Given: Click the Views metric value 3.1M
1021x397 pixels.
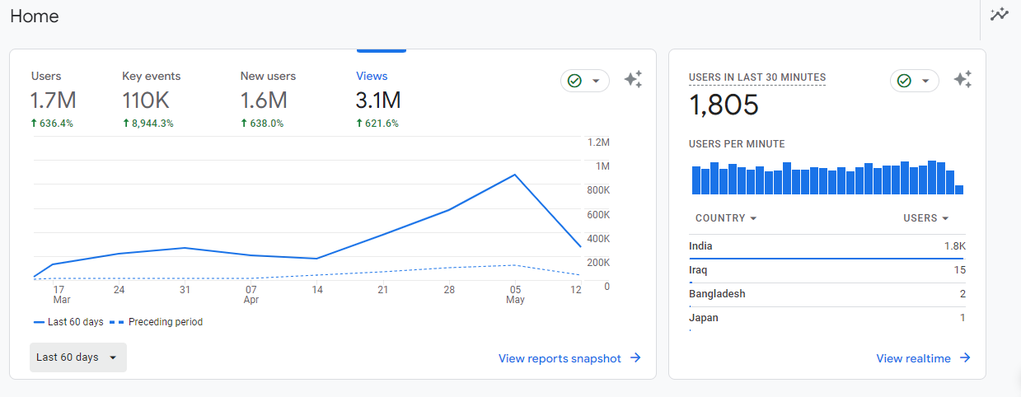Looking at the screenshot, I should [x=378, y=101].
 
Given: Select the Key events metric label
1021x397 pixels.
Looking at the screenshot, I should [x=151, y=76].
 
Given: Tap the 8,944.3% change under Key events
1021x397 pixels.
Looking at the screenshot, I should [x=148, y=124].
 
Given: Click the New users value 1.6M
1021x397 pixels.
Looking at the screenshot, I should [x=264, y=101].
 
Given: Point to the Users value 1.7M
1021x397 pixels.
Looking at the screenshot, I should [x=53, y=101].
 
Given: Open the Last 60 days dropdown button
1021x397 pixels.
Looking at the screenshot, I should [x=78, y=357].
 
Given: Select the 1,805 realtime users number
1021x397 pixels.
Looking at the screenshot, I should [x=724, y=105].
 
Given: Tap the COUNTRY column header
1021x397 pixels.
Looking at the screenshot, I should [x=725, y=218].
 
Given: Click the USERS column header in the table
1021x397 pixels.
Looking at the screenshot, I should [x=925, y=218].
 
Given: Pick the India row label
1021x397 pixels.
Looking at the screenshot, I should [x=700, y=246].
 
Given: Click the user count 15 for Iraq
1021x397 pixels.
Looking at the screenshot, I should [x=959, y=270].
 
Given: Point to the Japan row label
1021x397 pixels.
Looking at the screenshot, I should [x=703, y=318].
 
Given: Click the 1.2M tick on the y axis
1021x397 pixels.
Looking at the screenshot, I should [x=598, y=142].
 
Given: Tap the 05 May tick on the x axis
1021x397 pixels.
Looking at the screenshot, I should [x=515, y=295].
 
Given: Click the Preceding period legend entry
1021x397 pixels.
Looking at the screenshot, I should [x=165, y=322].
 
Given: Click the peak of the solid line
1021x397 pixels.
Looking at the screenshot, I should [x=515, y=175].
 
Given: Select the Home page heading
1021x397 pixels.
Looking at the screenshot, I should [x=35, y=16].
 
